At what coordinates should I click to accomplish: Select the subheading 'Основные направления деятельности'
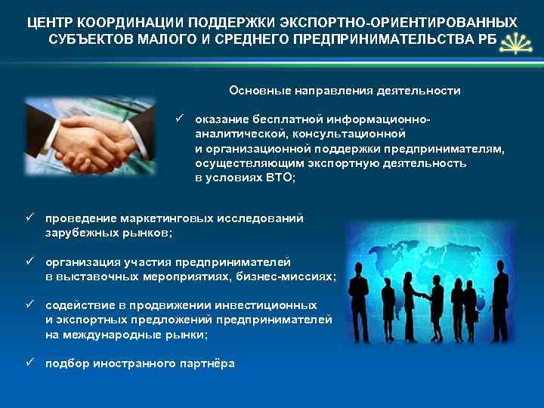point(345,91)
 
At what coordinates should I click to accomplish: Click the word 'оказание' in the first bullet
point(220,120)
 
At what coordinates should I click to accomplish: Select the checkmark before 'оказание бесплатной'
point(180,119)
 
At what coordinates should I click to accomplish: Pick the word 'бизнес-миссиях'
point(294,277)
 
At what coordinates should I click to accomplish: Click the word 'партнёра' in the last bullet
point(206,363)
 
